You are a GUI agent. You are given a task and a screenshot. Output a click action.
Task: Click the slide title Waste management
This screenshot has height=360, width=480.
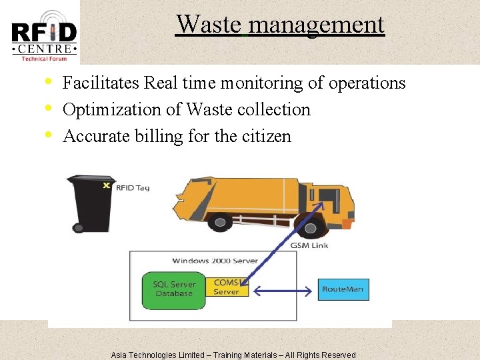point(280,25)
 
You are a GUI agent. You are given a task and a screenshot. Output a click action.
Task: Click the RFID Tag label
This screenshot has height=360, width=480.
point(133,188)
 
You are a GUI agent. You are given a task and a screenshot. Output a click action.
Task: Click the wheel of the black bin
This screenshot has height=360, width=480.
point(79,228)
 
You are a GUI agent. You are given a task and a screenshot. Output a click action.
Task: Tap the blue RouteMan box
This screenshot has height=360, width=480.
point(343,289)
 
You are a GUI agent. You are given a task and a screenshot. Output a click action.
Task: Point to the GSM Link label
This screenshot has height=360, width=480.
point(309,245)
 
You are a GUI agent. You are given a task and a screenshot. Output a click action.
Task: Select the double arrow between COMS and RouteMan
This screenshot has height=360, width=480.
point(283,291)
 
